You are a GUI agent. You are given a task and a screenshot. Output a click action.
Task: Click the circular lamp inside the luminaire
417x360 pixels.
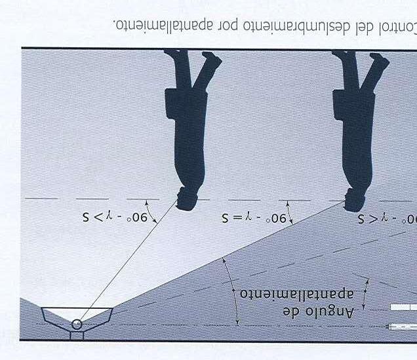coord(78,324)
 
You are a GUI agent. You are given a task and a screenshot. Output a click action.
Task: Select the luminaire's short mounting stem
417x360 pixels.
coord(77,335)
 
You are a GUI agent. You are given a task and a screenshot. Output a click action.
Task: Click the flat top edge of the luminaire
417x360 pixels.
coord(77,309)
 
